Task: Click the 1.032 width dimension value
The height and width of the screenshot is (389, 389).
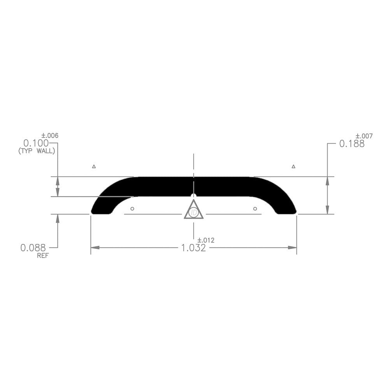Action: (x=193, y=248)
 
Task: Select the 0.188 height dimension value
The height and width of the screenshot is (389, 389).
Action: (x=352, y=144)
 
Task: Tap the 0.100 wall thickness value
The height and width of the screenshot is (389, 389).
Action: (x=36, y=143)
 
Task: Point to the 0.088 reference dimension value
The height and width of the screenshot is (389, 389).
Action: (x=33, y=247)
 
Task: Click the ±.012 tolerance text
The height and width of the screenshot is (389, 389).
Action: (x=206, y=240)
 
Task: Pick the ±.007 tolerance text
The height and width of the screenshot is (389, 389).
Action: (x=364, y=136)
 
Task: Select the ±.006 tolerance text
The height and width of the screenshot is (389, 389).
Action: (x=50, y=135)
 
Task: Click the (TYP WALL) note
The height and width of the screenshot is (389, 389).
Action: (x=37, y=151)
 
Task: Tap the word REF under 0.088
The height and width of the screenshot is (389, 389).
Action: (x=43, y=256)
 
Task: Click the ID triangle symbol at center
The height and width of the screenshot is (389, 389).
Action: (x=194, y=211)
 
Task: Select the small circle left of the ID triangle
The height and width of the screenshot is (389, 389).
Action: (x=132, y=209)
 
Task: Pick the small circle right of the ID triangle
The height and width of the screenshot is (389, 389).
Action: (x=255, y=209)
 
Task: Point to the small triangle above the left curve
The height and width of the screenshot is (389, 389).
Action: (x=94, y=166)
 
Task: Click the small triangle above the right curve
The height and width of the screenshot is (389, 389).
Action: (x=293, y=166)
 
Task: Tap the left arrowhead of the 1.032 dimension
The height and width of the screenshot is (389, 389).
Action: (x=95, y=247)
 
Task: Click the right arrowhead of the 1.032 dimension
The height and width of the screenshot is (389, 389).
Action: (x=292, y=247)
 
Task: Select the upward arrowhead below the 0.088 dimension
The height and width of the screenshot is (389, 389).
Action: (x=58, y=218)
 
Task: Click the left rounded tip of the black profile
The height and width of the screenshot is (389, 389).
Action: (x=93, y=211)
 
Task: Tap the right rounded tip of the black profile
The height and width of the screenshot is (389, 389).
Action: (x=294, y=211)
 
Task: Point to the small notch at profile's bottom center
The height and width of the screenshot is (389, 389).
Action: (x=194, y=195)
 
